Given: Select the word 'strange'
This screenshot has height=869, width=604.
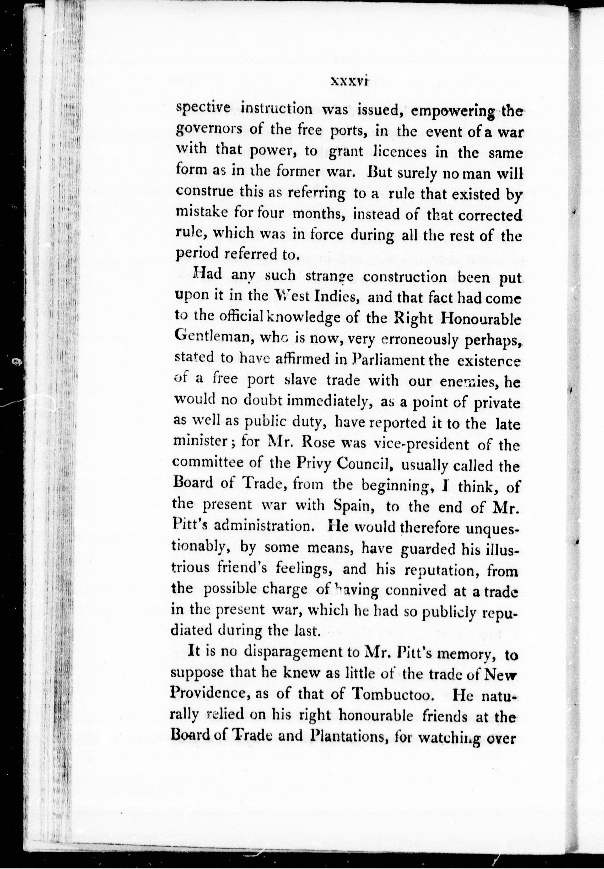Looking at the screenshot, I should [330, 276].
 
